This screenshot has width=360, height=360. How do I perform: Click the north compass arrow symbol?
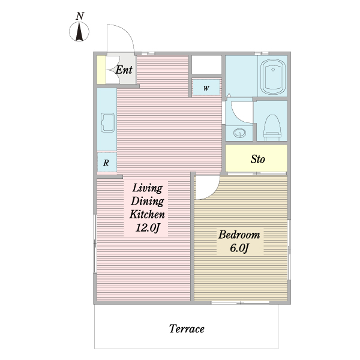pos(79,32)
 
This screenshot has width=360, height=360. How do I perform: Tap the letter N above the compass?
pos(80,16)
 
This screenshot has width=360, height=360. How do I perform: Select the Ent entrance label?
pos(124,70)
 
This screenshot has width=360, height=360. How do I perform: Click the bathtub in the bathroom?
pos(273,77)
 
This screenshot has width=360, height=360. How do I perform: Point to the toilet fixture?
pos(272,127)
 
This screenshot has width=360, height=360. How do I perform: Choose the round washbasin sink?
pos(239,133)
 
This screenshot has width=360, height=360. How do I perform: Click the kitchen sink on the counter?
pos(107,122)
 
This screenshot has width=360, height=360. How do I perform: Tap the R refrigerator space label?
pos(106,163)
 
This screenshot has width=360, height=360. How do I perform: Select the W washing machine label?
pos(206,88)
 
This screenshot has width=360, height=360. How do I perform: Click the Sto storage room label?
pos(257,159)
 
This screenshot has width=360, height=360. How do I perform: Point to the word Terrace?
pos(187,329)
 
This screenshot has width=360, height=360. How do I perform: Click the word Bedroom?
pos(239,235)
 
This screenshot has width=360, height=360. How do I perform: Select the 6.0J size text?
pos(239,248)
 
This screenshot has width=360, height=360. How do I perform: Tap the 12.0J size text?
pos(148,228)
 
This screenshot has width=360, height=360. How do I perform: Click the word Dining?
pos(148,202)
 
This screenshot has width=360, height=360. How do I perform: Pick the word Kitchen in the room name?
pos(147,214)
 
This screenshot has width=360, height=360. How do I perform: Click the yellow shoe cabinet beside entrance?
pos(101,70)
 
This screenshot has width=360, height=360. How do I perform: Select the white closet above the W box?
pos(206,65)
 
